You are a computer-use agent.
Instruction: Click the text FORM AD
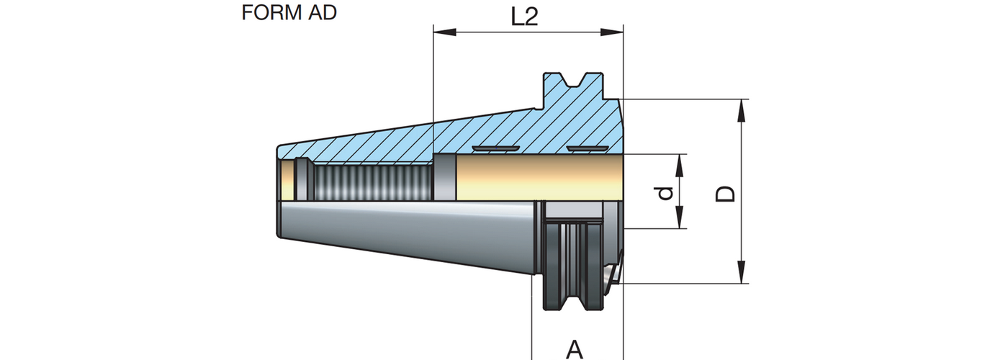click(289, 13)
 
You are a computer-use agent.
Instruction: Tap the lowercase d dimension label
click(667, 192)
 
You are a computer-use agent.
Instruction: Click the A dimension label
click(574, 349)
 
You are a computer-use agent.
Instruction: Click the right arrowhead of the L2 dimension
click(613, 32)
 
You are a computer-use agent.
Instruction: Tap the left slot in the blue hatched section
click(496, 148)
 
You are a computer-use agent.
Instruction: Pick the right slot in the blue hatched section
click(582, 148)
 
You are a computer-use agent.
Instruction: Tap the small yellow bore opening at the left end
click(288, 180)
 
